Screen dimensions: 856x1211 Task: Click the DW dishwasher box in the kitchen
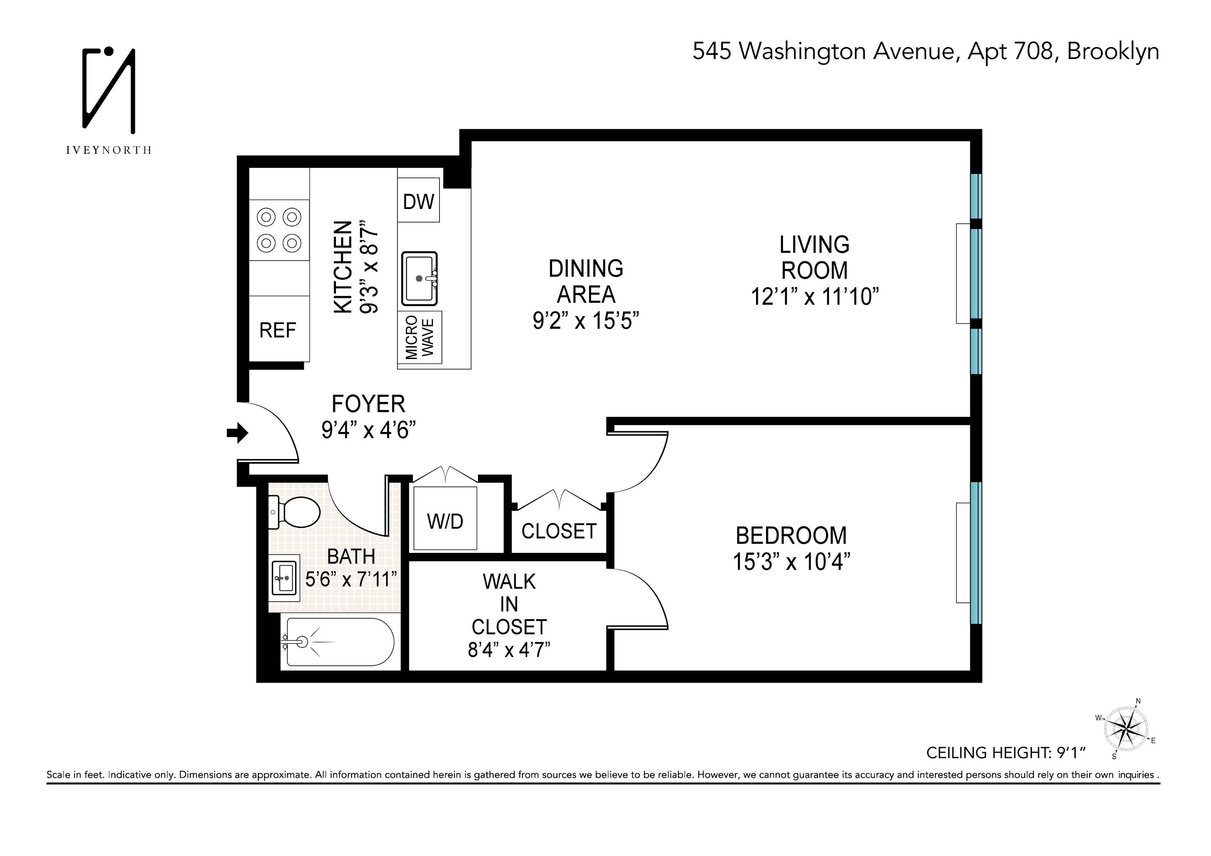418,201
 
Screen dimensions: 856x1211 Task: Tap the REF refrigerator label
278,331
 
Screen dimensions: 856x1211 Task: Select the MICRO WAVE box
420,337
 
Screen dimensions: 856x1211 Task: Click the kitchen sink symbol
420,278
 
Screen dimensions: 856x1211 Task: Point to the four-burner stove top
279,230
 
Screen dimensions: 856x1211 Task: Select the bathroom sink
284,578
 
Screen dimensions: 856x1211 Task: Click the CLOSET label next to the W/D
558,531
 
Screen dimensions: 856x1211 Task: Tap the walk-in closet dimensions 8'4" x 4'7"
509,650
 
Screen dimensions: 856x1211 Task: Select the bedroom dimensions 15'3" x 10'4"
791,562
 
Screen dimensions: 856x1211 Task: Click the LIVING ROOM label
814,258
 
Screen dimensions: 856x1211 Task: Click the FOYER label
368,404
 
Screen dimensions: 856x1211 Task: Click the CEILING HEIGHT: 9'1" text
1005,753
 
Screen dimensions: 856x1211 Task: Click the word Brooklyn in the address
1113,52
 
